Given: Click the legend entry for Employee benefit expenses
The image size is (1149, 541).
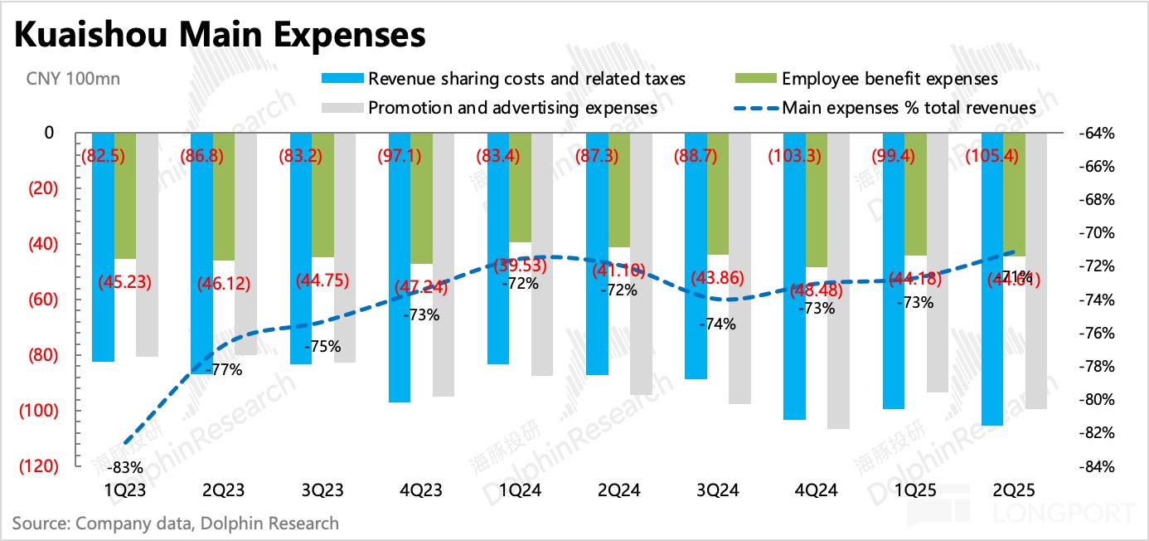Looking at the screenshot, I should point(890,79).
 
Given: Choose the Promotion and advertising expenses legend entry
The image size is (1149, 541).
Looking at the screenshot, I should point(512,108).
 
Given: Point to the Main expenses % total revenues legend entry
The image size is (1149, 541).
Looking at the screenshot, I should point(909,108).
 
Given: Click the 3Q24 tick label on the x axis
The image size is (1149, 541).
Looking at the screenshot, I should point(717,490).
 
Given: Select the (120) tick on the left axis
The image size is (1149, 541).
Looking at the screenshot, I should point(39,466).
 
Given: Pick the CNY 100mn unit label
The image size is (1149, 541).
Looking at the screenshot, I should point(73,80).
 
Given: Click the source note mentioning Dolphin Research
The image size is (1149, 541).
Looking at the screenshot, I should point(175,524).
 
